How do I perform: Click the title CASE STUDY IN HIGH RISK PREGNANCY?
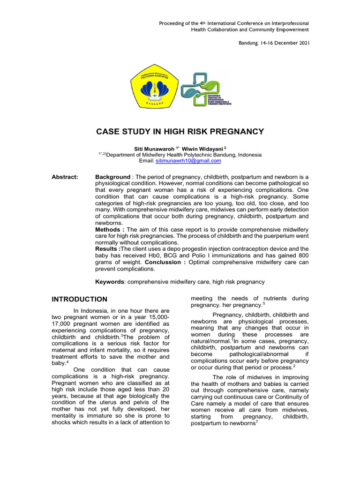tap(180, 132)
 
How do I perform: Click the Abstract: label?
tap(66, 177)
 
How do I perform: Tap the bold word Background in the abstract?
tap(113, 177)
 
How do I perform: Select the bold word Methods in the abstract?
tap(109, 230)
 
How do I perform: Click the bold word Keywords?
tap(110, 282)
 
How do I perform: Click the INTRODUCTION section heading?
tap(79, 299)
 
